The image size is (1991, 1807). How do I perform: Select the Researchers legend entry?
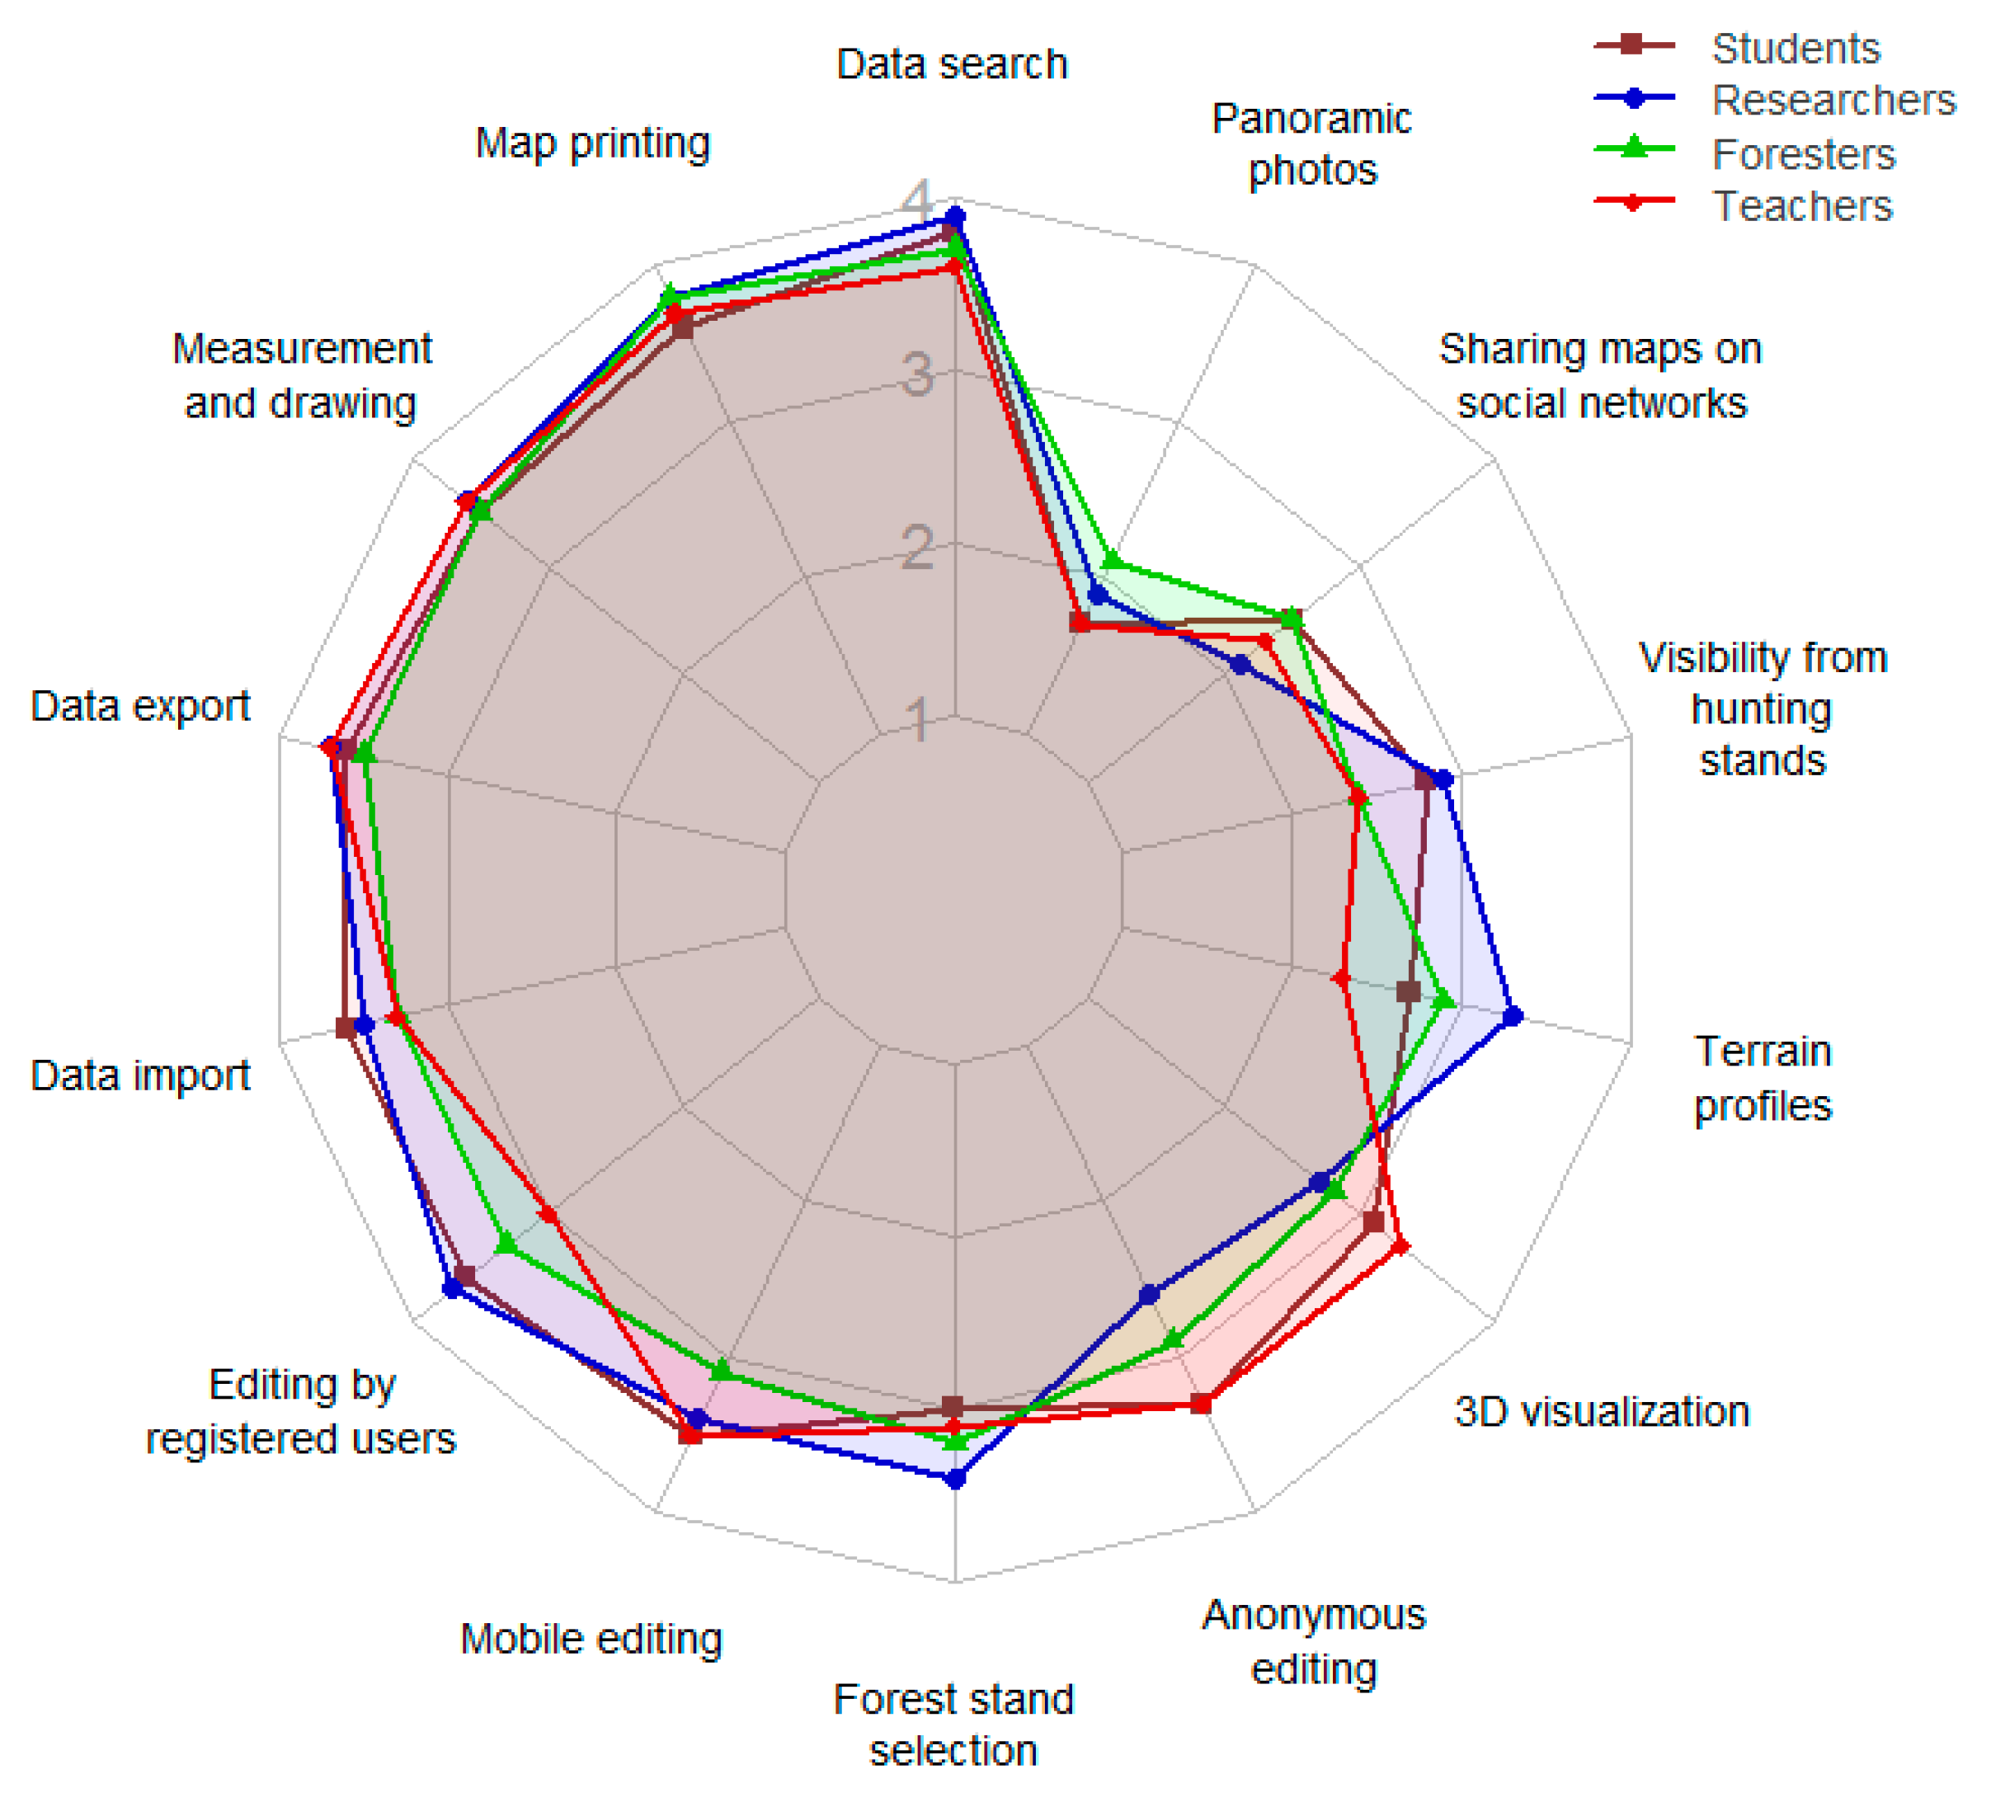[x=1833, y=100]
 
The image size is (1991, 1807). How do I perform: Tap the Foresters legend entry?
[x=1802, y=154]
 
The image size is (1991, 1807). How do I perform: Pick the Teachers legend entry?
[x=1801, y=206]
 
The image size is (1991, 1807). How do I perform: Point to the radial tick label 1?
[x=919, y=720]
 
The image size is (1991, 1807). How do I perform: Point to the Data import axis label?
[x=140, y=1075]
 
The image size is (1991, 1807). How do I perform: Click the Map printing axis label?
[x=592, y=144]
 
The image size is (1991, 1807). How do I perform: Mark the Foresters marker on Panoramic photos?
[x=1111, y=561]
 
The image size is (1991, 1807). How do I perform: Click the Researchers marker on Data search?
[x=955, y=215]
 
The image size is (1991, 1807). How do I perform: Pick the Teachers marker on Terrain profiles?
[x=1340, y=978]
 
